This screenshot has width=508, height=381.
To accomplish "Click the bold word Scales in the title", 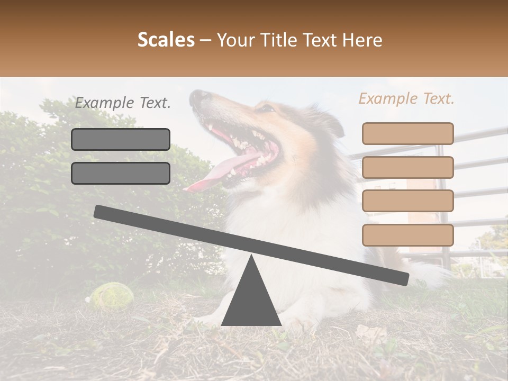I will (166, 40).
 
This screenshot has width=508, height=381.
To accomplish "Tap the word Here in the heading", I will (362, 40).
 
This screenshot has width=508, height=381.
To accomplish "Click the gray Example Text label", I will (123, 103).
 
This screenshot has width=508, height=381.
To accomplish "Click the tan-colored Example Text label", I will (406, 98).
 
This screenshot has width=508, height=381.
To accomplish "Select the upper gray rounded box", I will (121, 139).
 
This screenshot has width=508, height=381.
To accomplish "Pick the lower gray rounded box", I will (121, 173).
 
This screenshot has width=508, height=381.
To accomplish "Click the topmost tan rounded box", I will (407, 133).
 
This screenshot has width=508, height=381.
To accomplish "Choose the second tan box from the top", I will (407, 167).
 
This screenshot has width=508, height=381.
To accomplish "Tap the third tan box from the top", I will (407, 201).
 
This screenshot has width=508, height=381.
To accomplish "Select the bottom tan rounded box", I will (407, 235).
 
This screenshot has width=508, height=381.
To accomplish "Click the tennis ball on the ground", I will (111, 295).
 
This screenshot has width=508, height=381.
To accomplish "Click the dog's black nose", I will (199, 96).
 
